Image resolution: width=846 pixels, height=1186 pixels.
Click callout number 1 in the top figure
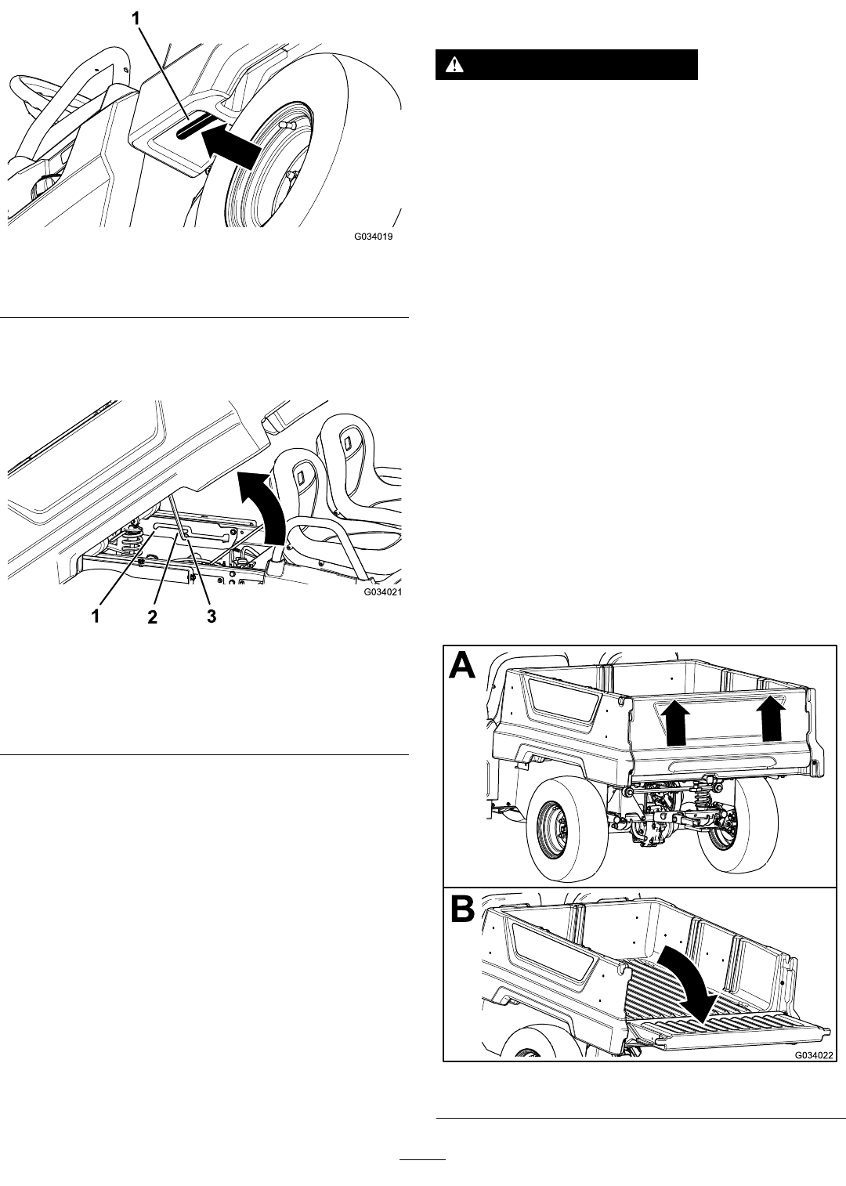(x=136, y=20)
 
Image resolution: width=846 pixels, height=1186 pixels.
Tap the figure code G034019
(x=373, y=237)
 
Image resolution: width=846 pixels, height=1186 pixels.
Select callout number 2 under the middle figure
(x=153, y=617)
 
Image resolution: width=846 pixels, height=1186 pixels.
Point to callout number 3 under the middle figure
(x=211, y=616)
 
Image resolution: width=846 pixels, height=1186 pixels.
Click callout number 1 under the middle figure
(x=96, y=617)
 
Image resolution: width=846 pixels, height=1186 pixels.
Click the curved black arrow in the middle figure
(x=265, y=509)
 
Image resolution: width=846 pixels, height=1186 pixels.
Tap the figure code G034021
(x=382, y=592)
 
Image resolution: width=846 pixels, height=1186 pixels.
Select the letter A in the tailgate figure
(x=463, y=667)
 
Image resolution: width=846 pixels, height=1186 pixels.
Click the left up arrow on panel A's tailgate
(x=675, y=725)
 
